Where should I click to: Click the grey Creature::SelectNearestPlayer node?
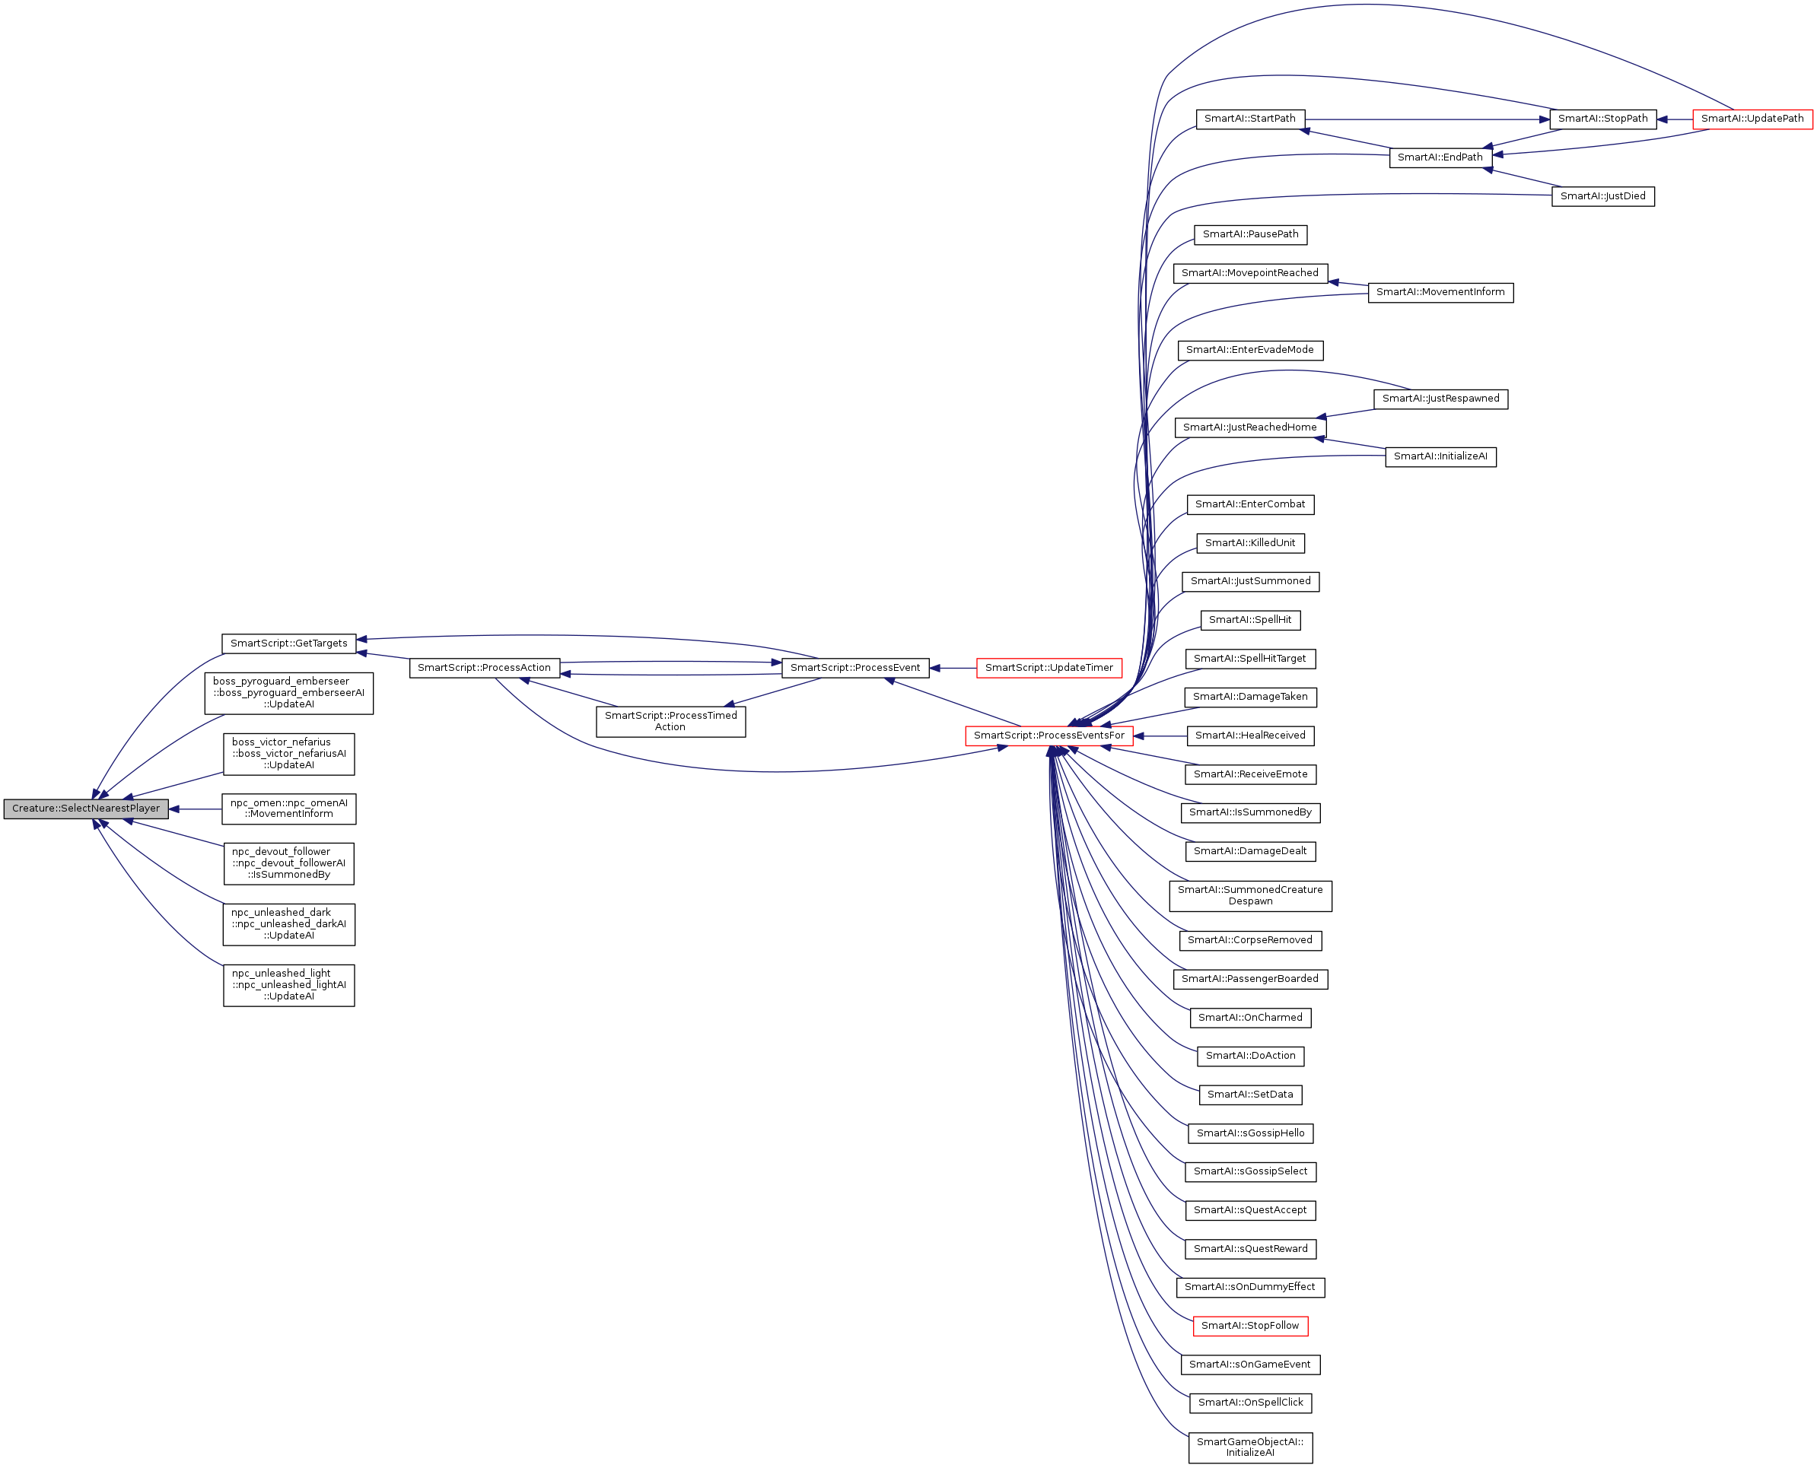click(85, 809)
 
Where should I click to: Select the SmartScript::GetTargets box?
click(288, 643)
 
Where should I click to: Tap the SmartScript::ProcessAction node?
click(484, 668)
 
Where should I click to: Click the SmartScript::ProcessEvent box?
click(854, 668)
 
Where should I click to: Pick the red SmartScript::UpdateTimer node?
click(1049, 668)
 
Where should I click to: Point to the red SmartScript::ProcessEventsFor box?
click(1049, 736)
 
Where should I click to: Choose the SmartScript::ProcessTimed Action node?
click(671, 721)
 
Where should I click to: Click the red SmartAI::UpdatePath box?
click(1752, 119)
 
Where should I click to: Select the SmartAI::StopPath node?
click(1602, 119)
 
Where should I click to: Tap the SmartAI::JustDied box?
click(1602, 196)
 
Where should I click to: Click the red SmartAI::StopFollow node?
click(1249, 1325)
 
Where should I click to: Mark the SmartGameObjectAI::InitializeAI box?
click(1249, 1447)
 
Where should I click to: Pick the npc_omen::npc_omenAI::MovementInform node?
click(288, 809)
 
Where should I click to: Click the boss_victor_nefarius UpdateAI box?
click(288, 754)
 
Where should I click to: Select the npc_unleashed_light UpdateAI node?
click(288, 985)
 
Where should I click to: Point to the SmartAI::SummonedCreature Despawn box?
click(1249, 895)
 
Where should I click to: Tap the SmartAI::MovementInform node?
click(1440, 293)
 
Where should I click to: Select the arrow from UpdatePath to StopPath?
click(1674, 119)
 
